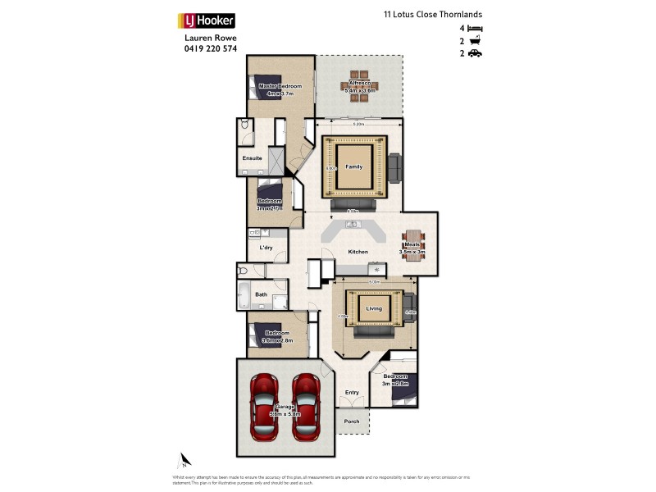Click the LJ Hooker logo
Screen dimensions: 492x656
point(207,20)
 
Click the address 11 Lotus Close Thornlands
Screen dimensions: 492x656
point(432,14)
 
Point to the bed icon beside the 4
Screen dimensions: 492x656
point(475,28)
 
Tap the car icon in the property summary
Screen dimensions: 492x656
point(475,53)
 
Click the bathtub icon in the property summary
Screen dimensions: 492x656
point(475,41)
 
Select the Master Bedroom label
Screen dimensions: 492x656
point(280,86)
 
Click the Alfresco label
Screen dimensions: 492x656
point(358,83)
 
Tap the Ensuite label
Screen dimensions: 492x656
point(252,157)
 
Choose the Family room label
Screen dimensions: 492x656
point(353,166)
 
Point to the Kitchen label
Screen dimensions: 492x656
point(358,252)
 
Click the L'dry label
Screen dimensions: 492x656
point(266,247)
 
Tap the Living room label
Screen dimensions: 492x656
point(374,309)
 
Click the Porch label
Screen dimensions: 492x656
point(352,421)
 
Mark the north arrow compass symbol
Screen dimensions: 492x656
point(185,459)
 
